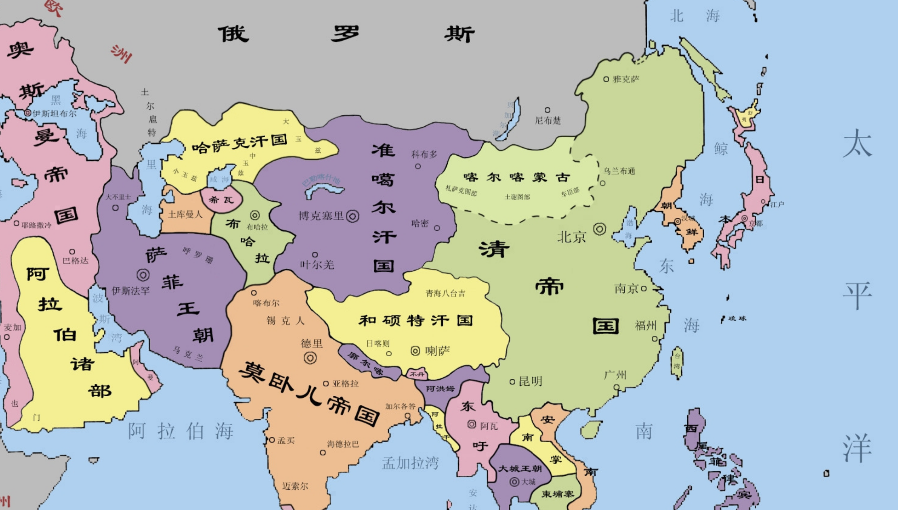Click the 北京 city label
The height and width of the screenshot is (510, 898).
coord(571,237)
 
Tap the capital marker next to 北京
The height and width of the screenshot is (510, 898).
coord(600,229)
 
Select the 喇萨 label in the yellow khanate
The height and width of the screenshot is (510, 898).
coord(437,351)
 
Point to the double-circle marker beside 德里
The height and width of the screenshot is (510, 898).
coord(310,358)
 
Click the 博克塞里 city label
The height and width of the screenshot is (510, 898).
coord(321,216)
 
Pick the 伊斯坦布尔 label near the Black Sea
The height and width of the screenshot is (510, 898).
coord(54,114)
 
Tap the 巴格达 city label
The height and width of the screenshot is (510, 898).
coord(76,261)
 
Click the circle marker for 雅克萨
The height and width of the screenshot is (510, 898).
coord(606,79)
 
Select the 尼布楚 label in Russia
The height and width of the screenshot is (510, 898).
coord(548,121)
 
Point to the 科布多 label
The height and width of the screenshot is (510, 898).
coord(424,154)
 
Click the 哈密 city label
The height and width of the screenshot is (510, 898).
coord(420,224)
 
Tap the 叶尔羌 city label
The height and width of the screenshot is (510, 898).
coord(317,265)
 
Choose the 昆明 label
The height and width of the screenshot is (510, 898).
coord(530,381)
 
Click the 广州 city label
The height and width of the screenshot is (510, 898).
coord(615,375)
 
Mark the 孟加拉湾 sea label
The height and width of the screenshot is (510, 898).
coord(410,463)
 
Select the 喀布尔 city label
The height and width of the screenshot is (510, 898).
coord(266,303)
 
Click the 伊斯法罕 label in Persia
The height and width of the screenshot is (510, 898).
coord(130,291)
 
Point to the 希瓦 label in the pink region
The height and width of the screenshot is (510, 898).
coord(221,200)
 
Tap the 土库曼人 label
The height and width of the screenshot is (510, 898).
coord(185,214)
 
